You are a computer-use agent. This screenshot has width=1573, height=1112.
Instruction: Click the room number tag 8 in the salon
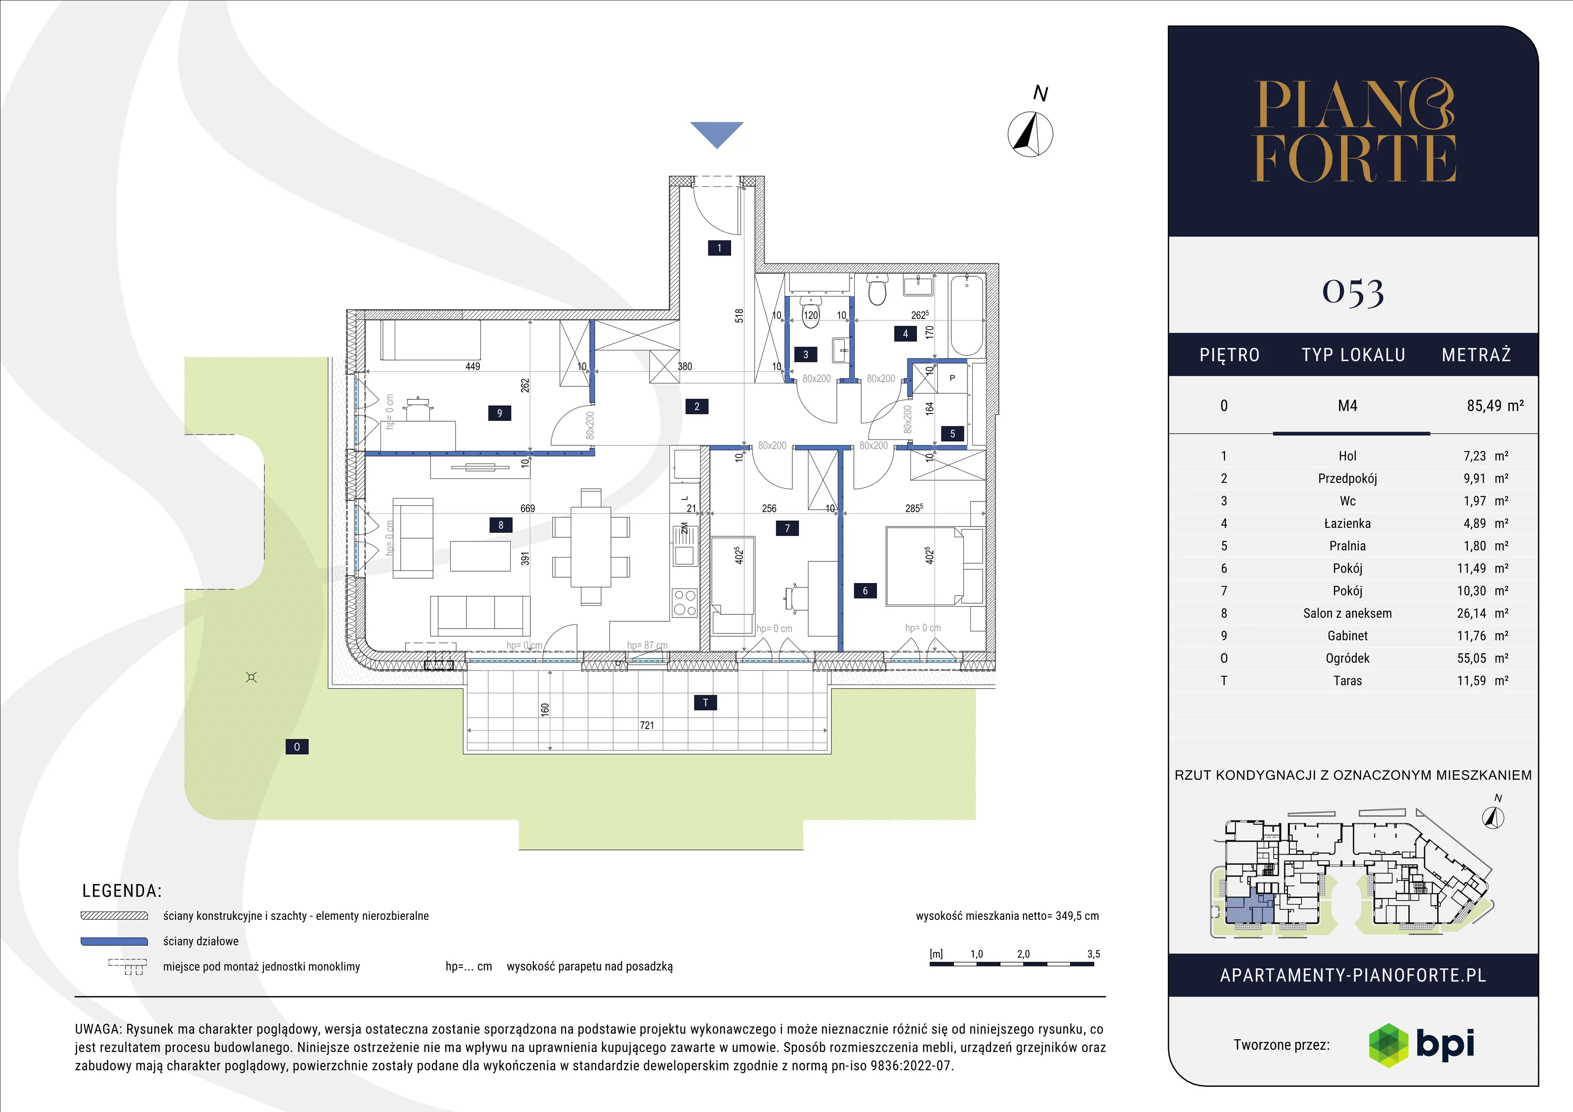(x=501, y=525)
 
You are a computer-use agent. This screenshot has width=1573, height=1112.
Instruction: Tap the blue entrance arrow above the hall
(x=717, y=134)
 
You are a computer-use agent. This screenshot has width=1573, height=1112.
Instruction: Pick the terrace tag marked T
(x=706, y=702)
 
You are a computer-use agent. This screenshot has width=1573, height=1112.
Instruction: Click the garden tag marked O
(x=296, y=747)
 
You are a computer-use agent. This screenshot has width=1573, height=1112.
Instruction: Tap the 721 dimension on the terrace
(x=647, y=725)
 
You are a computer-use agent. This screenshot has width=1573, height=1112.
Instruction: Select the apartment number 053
(x=1353, y=292)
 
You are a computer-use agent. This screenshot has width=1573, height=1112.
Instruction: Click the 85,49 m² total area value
(x=1495, y=406)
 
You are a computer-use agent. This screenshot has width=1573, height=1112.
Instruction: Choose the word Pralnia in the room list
(x=1347, y=546)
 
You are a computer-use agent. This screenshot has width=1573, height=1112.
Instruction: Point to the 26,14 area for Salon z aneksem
(x=1471, y=613)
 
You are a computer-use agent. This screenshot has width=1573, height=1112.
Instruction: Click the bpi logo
(x=1421, y=1044)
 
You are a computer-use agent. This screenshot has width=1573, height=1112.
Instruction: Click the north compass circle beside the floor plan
(x=1030, y=134)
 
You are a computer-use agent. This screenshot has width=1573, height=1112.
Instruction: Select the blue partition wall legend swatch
(x=115, y=941)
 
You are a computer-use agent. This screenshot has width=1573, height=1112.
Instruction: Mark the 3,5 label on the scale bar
(x=1093, y=954)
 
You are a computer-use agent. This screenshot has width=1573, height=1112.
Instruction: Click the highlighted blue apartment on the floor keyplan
(x=1249, y=909)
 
